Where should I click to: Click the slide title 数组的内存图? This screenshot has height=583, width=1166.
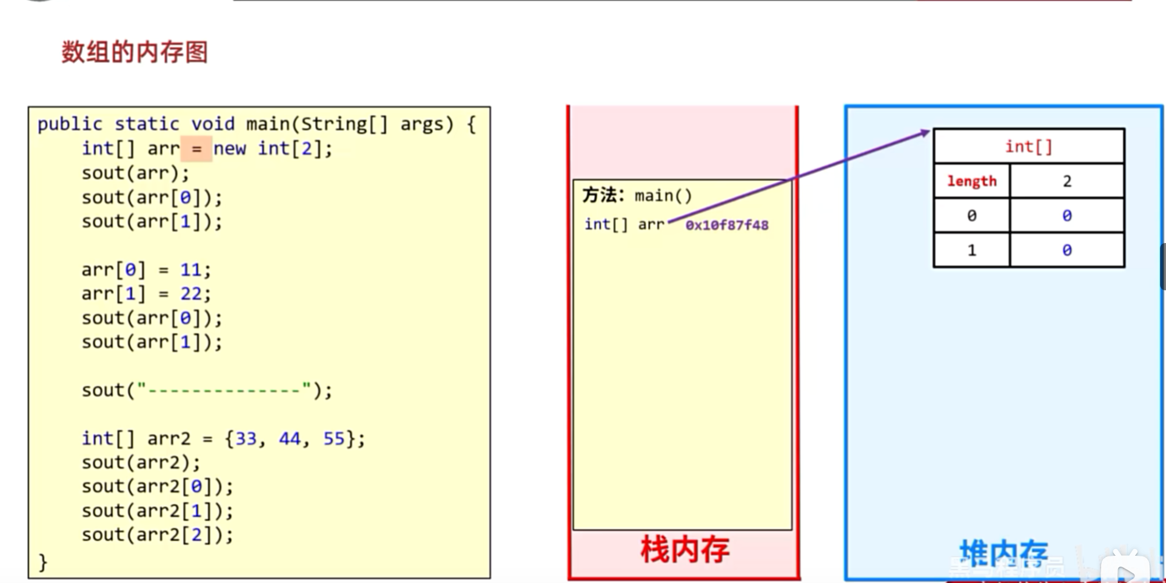(x=135, y=52)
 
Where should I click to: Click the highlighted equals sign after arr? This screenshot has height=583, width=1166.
(x=196, y=148)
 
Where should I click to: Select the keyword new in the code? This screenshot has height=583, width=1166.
(x=229, y=148)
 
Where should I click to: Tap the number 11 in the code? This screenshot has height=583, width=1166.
(x=190, y=270)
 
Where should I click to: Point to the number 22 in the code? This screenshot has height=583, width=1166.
(x=190, y=294)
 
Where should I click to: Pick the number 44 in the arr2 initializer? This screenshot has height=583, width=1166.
(x=289, y=438)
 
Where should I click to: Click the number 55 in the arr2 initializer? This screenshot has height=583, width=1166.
(x=333, y=438)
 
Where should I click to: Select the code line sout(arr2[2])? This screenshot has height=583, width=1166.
(x=157, y=535)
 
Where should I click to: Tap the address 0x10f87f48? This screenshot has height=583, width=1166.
(x=726, y=225)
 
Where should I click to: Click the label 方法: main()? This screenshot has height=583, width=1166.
(x=637, y=195)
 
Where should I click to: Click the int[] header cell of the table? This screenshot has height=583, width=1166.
(x=1028, y=147)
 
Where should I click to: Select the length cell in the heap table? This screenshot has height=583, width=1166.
(x=971, y=181)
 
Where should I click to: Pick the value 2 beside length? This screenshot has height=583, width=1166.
(x=1067, y=181)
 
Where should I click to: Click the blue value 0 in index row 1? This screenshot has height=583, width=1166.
(x=1067, y=250)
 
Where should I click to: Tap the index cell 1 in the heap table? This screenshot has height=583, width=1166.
(x=971, y=250)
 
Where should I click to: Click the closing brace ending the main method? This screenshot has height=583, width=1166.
(x=42, y=562)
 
